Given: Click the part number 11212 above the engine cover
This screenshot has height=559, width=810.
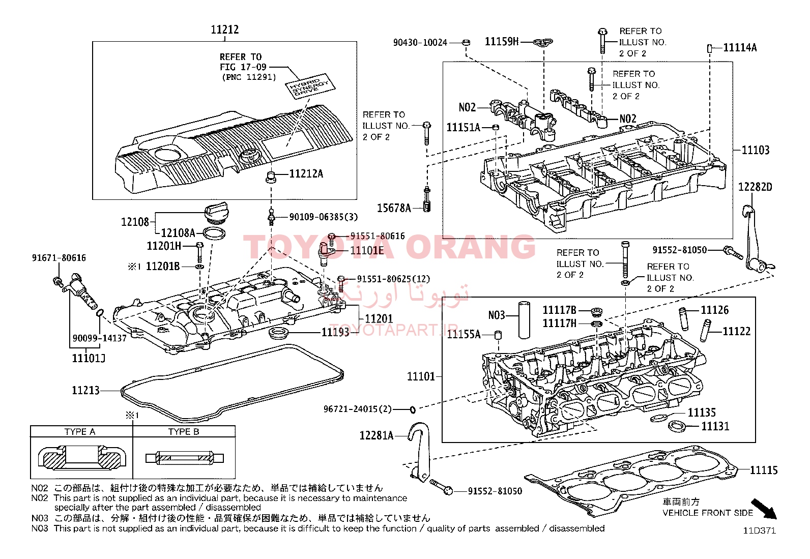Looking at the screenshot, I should (x=225, y=30).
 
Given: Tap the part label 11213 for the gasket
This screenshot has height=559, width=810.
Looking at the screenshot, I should (x=85, y=391).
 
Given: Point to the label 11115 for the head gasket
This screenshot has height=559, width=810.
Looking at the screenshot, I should (x=764, y=470).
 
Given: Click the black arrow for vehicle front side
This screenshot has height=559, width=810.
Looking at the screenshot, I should (x=765, y=509).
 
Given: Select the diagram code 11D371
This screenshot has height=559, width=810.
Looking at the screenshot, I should (x=760, y=531).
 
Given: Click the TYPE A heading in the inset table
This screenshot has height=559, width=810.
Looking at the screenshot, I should (x=80, y=432).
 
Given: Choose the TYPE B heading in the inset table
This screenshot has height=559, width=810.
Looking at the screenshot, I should (x=184, y=432).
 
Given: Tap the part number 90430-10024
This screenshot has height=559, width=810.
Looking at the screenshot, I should (x=420, y=43).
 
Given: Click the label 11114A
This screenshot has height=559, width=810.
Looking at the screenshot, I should (x=740, y=48).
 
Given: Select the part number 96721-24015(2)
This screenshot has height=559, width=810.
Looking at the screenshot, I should (x=358, y=409).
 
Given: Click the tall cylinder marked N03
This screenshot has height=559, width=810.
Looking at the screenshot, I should (x=524, y=320).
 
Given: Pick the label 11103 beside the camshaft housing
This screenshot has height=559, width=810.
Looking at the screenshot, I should (x=756, y=150).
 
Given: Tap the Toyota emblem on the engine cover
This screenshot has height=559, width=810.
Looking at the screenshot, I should (x=249, y=155).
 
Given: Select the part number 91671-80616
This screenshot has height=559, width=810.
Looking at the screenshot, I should (x=59, y=258).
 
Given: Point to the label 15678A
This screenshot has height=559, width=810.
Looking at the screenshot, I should (x=393, y=208).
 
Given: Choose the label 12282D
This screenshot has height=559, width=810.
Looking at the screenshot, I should (x=755, y=187).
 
